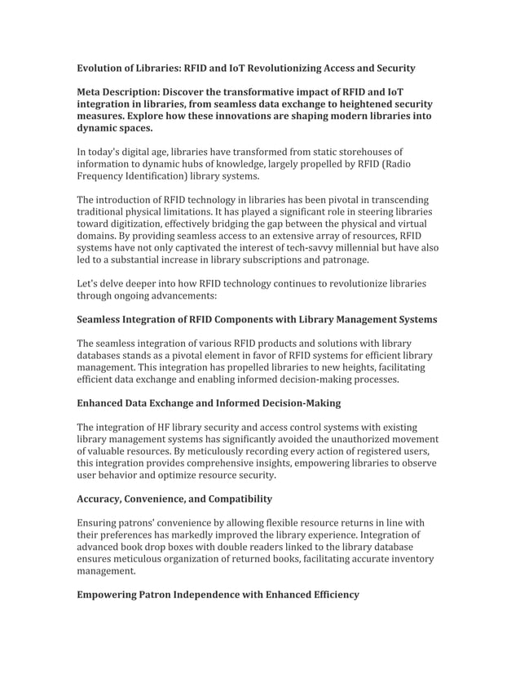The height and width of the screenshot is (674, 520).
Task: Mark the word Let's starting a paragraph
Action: point(90,284)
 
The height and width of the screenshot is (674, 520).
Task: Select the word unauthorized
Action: point(345,440)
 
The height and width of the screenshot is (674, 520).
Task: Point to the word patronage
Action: point(344,260)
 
